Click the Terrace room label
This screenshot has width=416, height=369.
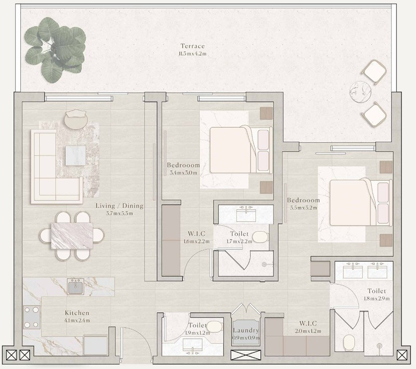click(192, 46)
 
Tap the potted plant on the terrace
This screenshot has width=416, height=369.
click(55, 49)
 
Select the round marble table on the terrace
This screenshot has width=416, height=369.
click(360, 91)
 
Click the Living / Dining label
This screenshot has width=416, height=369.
click(120, 206)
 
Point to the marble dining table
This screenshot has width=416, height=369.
click(72, 236)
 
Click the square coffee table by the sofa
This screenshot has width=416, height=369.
click(75, 155)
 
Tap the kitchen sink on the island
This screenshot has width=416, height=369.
click(75, 286)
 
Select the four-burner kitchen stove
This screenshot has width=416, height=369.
click(32, 317)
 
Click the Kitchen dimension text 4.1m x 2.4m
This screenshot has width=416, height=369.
click(77, 321)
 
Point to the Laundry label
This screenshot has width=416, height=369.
click(246, 331)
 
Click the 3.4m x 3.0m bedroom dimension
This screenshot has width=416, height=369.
click(184, 173)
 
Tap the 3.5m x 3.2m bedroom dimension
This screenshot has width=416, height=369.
click(304, 208)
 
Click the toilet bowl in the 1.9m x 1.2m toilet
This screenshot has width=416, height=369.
click(214, 327)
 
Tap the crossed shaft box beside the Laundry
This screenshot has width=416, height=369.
click(246, 355)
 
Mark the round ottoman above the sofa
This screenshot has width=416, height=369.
click(76, 120)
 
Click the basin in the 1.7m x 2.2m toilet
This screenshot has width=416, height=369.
click(246, 215)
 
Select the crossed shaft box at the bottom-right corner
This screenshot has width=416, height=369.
click(402, 355)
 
